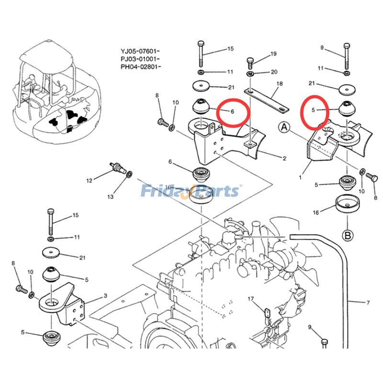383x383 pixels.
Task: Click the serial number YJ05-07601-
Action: (140, 50)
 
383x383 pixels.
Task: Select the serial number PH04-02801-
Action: (140, 67)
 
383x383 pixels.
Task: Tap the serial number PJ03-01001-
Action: (140, 58)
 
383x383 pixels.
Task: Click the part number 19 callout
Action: (273, 54)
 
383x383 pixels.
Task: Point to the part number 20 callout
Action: (274, 72)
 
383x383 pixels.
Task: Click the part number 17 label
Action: (250, 299)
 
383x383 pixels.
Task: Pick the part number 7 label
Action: (368, 303)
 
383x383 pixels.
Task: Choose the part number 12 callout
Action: (89, 180)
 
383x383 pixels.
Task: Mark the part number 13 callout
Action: (111, 197)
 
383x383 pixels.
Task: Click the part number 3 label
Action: (105, 296)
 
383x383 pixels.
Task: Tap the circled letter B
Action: (347, 235)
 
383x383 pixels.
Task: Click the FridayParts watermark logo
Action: (190, 191)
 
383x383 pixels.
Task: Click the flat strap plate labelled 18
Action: (266, 100)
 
